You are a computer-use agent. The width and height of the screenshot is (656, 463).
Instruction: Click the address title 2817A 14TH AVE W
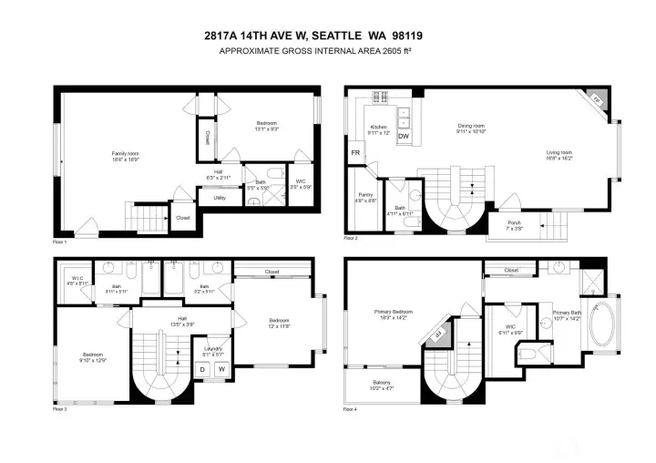(327, 36)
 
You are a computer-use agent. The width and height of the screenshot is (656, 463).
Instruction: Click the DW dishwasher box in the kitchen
(405, 137)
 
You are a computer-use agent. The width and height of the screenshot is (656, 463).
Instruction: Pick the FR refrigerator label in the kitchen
(355, 153)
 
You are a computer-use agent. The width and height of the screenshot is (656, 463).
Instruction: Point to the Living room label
(559, 154)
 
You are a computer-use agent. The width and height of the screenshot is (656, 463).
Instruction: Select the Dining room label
(471, 129)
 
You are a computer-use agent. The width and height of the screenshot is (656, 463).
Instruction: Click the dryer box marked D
(202, 368)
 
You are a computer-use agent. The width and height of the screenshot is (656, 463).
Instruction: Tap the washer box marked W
(220, 368)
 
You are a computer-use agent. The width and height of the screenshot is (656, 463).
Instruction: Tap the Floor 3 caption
(60, 409)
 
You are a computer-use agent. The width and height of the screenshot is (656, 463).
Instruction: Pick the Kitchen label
(379, 129)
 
